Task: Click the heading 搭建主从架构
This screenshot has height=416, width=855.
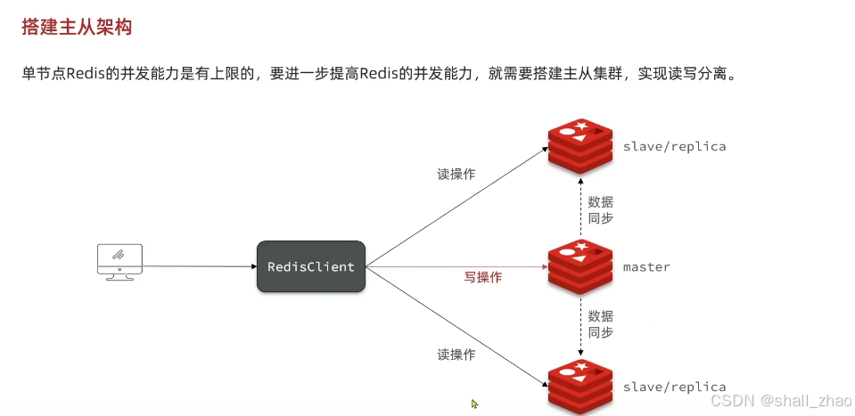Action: [77, 28]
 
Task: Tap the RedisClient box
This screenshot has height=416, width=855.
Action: [311, 266]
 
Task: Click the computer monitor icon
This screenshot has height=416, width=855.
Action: [119, 261]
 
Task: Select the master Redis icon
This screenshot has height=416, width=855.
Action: [580, 266]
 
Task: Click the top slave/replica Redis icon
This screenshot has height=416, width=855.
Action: [580, 145]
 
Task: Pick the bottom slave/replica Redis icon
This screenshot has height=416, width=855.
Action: [580, 387]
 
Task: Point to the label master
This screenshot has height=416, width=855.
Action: [646, 266]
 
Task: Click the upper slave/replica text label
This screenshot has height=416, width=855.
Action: [674, 146]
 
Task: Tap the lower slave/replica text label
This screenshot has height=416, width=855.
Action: [674, 387]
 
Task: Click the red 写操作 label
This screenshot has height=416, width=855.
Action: [482, 277]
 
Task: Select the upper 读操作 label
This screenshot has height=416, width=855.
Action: [456, 175]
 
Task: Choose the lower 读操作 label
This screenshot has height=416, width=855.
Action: [456, 355]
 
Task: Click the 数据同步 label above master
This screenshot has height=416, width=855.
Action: [600, 209]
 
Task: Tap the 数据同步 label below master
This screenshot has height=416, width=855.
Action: [600, 323]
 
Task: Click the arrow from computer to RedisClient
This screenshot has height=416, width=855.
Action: [196, 265]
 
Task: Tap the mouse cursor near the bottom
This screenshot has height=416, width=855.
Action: [474, 404]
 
